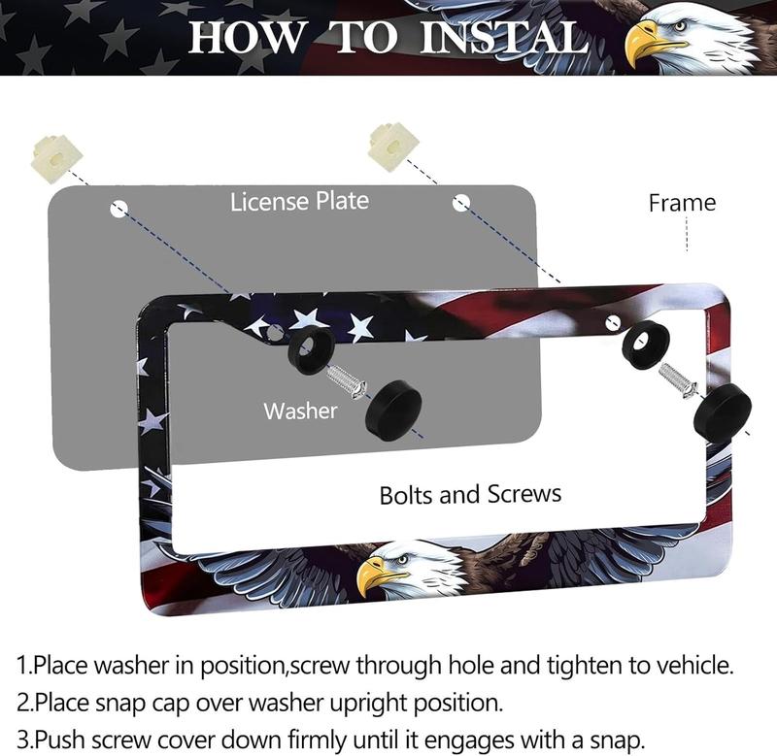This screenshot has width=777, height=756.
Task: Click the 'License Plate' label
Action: (x=299, y=201)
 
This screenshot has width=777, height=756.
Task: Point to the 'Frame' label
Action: (x=682, y=203)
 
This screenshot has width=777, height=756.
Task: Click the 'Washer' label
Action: (x=300, y=411)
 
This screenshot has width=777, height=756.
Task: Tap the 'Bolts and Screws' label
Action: (x=470, y=494)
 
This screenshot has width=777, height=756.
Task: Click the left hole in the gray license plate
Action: (x=118, y=208)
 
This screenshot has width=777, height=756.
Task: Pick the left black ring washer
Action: (x=311, y=348)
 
